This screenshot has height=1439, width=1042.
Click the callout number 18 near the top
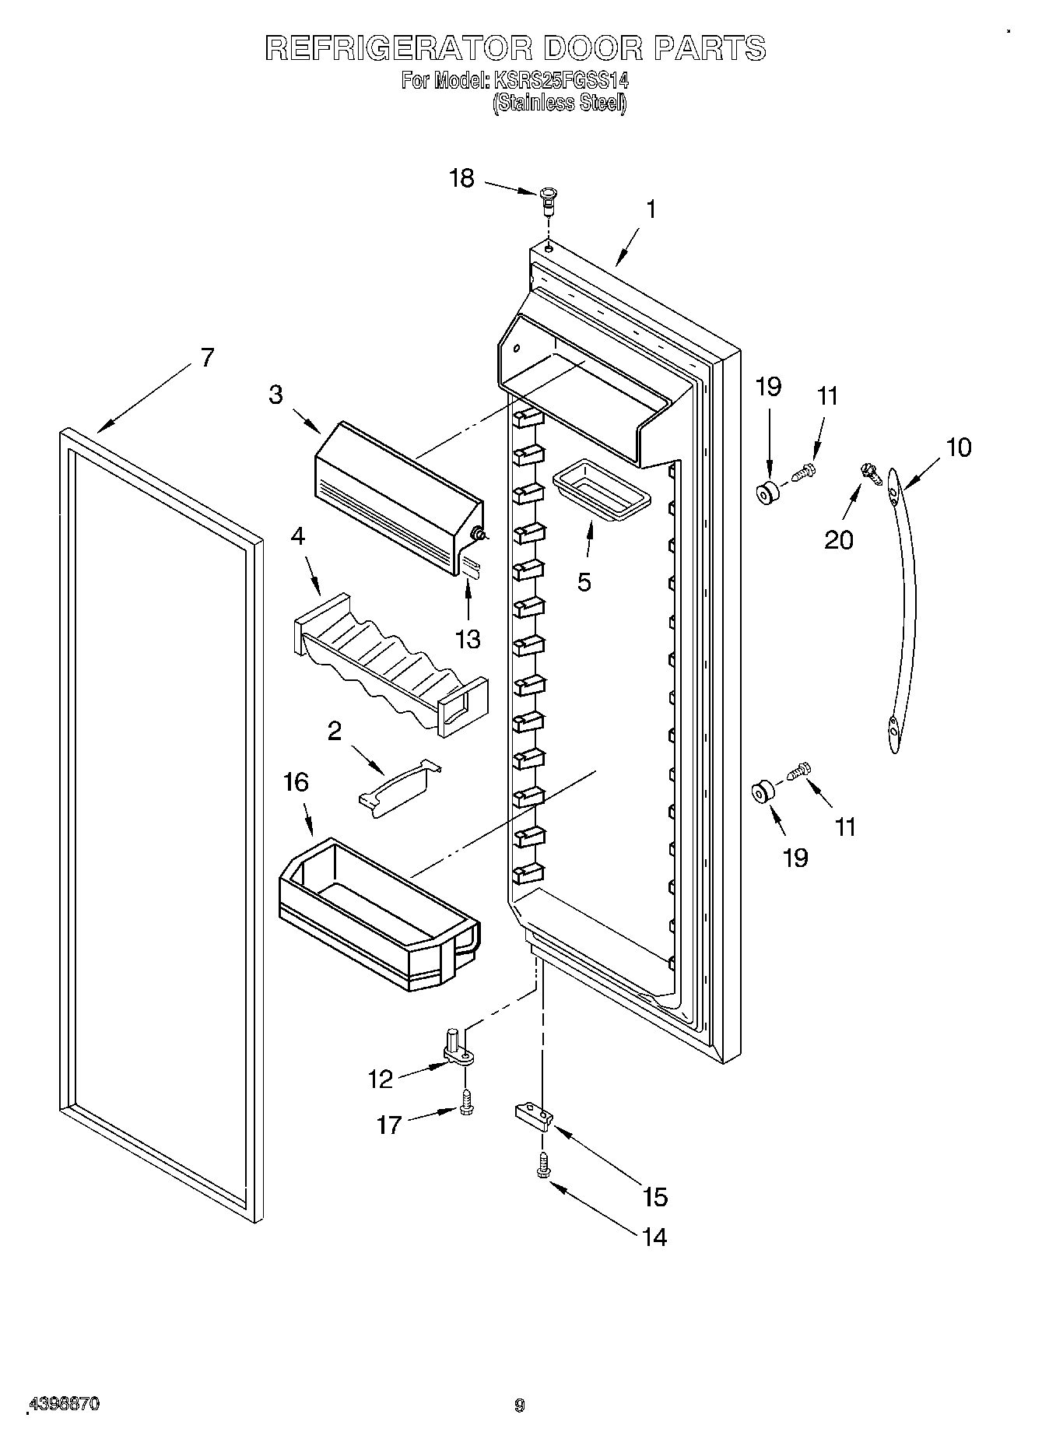click(x=461, y=178)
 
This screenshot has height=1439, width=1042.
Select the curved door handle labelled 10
click(x=903, y=607)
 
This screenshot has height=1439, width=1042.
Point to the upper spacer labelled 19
click(x=768, y=493)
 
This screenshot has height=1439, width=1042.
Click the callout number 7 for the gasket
click(x=206, y=358)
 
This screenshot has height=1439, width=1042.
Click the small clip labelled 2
click(x=398, y=788)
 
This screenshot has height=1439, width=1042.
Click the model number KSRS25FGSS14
click(x=560, y=79)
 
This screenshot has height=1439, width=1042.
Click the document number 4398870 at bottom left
click(x=64, y=1405)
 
